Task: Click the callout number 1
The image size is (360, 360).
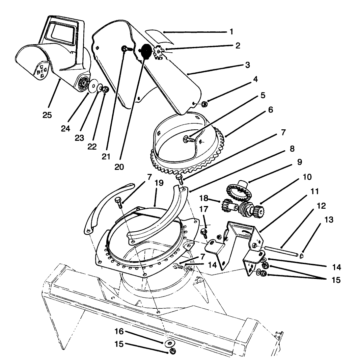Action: point(231,32)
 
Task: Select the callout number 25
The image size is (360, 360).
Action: point(47,115)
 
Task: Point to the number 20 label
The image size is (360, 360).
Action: point(119,166)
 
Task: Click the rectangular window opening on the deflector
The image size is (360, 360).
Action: point(61,34)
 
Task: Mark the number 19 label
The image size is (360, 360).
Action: point(159,183)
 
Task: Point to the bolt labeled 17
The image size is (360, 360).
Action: point(203,232)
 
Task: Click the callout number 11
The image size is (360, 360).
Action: point(314,191)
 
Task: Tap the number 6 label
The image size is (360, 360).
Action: point(270,110)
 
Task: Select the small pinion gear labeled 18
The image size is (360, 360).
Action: point(226,206)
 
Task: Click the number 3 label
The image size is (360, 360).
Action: point(247,65)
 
